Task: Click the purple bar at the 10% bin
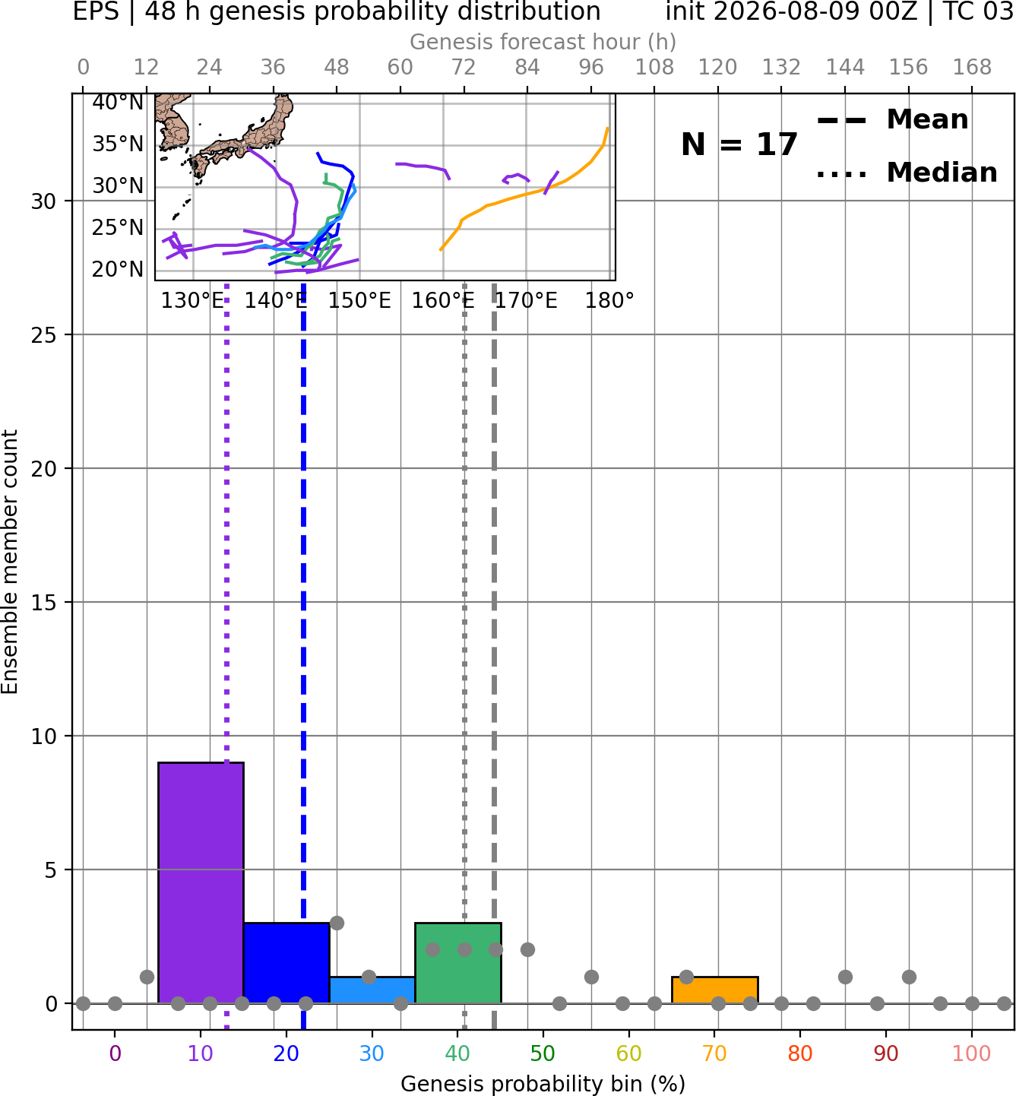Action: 201,882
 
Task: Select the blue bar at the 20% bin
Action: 286,963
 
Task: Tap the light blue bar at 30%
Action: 372,990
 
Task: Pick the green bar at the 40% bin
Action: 458,963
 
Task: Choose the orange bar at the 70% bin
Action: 714,990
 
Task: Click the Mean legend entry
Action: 892,120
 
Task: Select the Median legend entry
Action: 907,173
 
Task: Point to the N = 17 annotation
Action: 739,144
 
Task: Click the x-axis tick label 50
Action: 543,1054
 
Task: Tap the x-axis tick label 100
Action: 971,1054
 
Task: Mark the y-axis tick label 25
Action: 44,335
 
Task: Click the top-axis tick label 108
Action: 654,68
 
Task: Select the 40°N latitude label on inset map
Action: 118,103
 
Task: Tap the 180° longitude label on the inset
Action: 609,301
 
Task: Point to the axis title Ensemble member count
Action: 9,562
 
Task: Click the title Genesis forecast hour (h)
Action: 543,42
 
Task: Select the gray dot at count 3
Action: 337,923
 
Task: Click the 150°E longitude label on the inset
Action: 359,301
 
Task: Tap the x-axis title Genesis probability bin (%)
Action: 543,1084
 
